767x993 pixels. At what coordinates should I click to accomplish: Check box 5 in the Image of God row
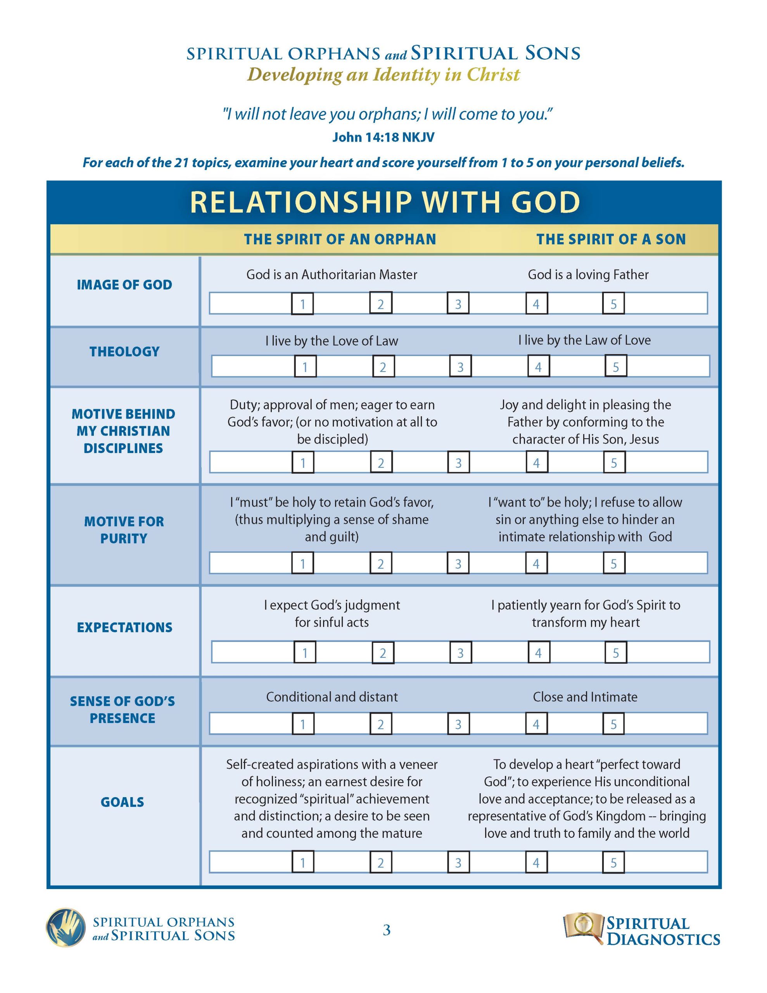[x=613, y=303]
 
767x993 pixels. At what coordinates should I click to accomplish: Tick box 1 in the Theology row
[x=305, y=367]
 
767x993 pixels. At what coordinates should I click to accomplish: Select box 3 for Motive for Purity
[x=458, y=563]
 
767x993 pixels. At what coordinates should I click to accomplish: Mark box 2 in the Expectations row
[x=383, y=653]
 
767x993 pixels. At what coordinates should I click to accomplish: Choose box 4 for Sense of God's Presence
[x=536, y=724]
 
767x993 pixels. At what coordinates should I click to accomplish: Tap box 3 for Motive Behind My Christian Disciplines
[x=458, y=462]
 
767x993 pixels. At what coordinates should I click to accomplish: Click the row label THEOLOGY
[x=124, y=351]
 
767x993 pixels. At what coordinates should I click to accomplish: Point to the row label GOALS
[x=122, y=802]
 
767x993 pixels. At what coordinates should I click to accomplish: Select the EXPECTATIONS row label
[x=124, y=628]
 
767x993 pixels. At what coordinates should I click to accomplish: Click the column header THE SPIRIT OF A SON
[x=611, y=239]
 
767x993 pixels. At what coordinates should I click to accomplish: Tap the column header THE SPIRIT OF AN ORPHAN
[x=340, y=239]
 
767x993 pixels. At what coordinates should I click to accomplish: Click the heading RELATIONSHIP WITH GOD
[x=385, y=202]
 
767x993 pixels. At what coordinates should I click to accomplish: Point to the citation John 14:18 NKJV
[x=383, y=137]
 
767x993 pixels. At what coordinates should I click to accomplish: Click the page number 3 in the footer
[x=387, y=930]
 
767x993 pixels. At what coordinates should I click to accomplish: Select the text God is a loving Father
[x=588, y=275]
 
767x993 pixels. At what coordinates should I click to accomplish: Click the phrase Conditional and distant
[x=332, y=697]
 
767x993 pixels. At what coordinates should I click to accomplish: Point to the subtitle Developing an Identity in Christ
[x=383, y=75]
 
